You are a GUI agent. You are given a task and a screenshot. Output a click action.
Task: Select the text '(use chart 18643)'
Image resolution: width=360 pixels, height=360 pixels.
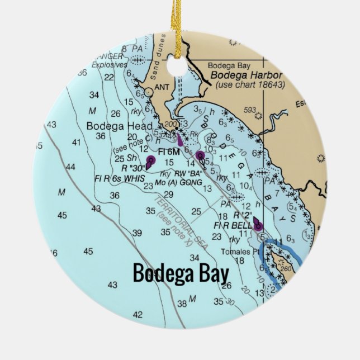point(250,84)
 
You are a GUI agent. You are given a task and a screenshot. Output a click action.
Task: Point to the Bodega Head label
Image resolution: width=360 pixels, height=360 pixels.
point(112,125)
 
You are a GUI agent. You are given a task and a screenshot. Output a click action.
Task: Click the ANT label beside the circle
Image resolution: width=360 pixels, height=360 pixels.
point(161,87)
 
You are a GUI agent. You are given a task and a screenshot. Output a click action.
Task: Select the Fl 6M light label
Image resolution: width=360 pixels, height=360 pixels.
point(169,151)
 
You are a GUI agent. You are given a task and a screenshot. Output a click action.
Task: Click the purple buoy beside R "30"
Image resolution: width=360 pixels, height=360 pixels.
point(150,162)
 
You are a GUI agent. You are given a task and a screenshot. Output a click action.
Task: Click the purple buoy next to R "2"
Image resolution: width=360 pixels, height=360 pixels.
point(257,224)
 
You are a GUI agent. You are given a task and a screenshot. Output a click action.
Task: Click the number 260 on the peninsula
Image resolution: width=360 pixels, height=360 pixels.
point(287,268)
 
